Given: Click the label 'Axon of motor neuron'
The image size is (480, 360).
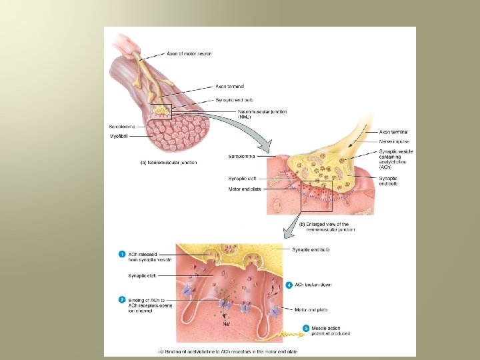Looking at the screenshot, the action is (x=189, y=54).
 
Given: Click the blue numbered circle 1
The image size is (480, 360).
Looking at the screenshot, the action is (x=122, y=254).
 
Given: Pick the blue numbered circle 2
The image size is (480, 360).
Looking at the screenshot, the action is (x=122, y=299).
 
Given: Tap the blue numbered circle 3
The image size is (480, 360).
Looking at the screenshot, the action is (x=306, y=328).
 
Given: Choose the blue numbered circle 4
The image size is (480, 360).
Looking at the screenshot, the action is (x=289, y=285).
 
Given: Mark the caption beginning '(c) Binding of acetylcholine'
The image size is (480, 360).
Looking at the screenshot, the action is (x=227, y=351).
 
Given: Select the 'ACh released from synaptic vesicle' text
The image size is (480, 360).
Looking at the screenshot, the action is (x=150, y=257).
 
